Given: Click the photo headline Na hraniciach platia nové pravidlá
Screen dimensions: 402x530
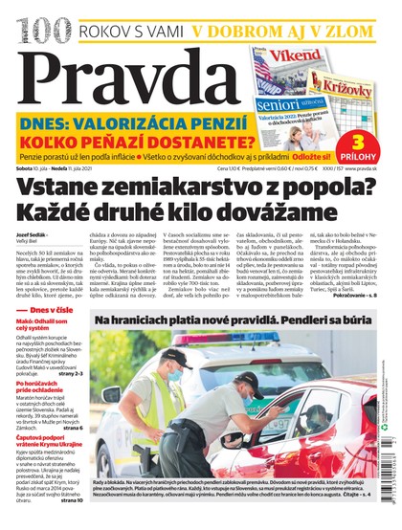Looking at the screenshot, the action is coord(238,330).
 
